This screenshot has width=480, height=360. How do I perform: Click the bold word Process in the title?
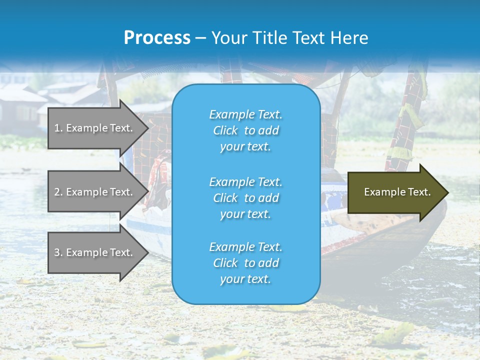pos(156,38)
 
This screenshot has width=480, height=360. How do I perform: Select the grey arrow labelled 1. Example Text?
pos(93,128)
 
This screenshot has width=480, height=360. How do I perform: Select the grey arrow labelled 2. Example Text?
pos(93,192)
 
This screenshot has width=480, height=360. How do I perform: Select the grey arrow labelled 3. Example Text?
pos(93,252)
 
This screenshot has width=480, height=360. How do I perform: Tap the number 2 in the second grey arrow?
pos(57,192)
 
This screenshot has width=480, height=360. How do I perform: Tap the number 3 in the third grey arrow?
pos(57,252)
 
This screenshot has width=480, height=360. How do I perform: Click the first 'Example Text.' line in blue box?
pos(245,114)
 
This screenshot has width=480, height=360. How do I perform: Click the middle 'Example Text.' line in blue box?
pos(245,181)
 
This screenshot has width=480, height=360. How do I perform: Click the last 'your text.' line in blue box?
pos(245,279)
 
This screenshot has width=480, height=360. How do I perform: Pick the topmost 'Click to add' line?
pos(245,130)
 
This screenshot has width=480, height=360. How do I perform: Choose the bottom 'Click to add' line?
pos(245,263)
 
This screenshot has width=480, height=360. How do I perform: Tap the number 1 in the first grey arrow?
pos(56,128)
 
